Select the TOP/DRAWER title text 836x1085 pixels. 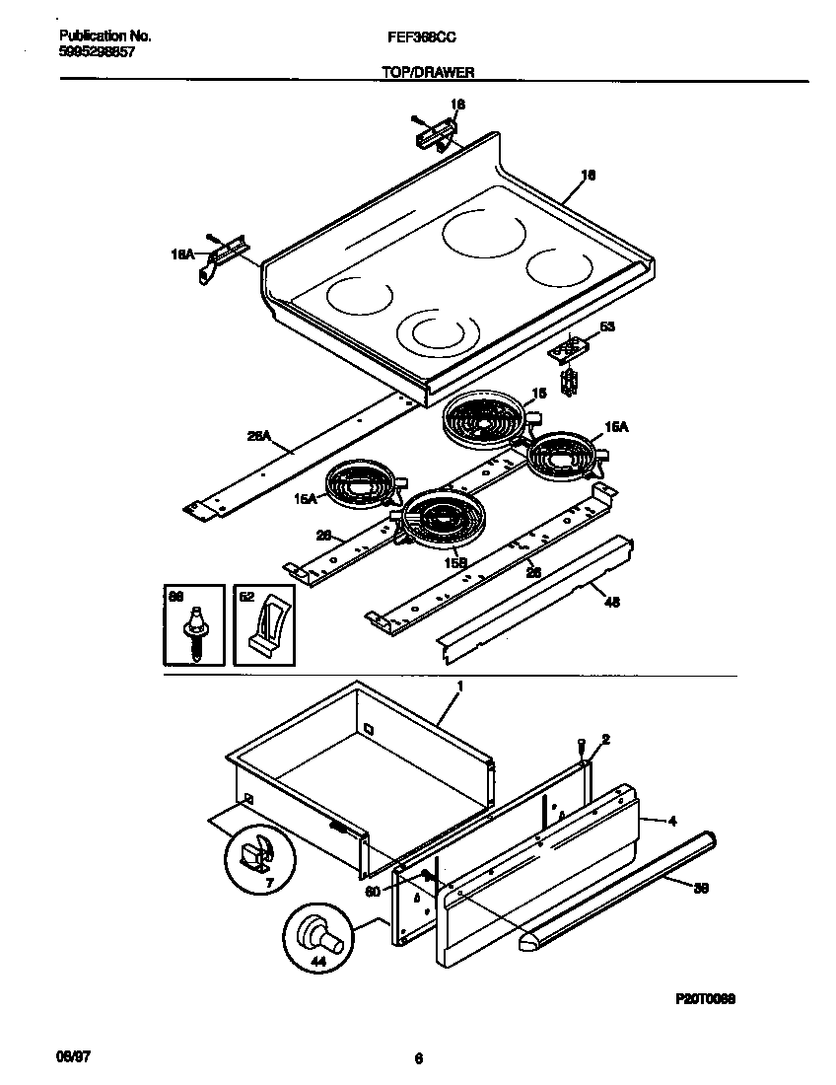point(428,73)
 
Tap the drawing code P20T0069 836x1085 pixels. point(705,998)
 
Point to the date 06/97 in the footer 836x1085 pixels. point(63,1057)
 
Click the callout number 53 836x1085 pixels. point(606,326)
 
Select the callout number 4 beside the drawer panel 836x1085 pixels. point(671,820)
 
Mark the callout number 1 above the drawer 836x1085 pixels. point(458,685)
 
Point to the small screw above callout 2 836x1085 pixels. point(582,743)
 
